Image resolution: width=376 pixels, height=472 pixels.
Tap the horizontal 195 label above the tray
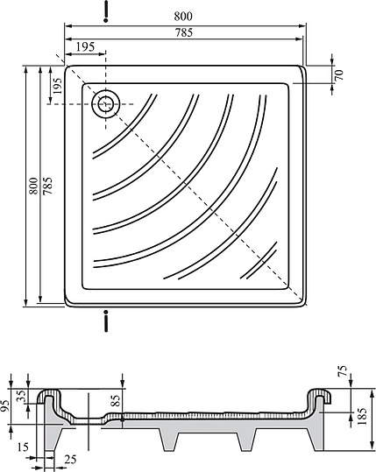click(85, 46)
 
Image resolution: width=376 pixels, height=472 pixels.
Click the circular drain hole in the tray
click(106, 103)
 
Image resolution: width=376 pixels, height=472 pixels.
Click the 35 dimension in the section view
click(18, 395)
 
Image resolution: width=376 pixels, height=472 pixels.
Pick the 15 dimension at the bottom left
click(20, 448)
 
